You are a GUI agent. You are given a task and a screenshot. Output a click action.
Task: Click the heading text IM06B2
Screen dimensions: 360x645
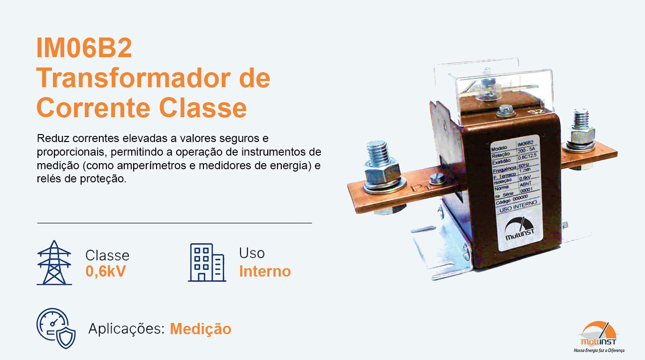[84, 49]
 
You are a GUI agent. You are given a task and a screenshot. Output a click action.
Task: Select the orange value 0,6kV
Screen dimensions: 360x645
[105, 271]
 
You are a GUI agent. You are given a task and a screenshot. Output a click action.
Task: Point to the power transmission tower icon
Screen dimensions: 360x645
[54, 262]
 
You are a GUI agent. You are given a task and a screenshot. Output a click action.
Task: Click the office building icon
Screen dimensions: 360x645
[207, 262]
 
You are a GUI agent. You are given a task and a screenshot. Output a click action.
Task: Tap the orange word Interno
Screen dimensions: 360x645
[265, 271]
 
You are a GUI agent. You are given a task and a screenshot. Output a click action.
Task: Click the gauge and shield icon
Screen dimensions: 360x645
[56, 328]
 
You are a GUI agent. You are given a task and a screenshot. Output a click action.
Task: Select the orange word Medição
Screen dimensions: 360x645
[201, 329]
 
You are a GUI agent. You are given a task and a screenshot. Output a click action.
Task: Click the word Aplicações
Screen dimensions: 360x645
[126, 329]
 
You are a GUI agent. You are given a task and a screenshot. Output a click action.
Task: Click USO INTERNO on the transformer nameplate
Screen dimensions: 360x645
[517, 207]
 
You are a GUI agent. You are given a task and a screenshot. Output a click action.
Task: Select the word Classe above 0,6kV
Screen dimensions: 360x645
[107, 255]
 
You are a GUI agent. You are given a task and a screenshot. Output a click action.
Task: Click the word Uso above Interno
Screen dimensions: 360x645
[252, 253]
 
